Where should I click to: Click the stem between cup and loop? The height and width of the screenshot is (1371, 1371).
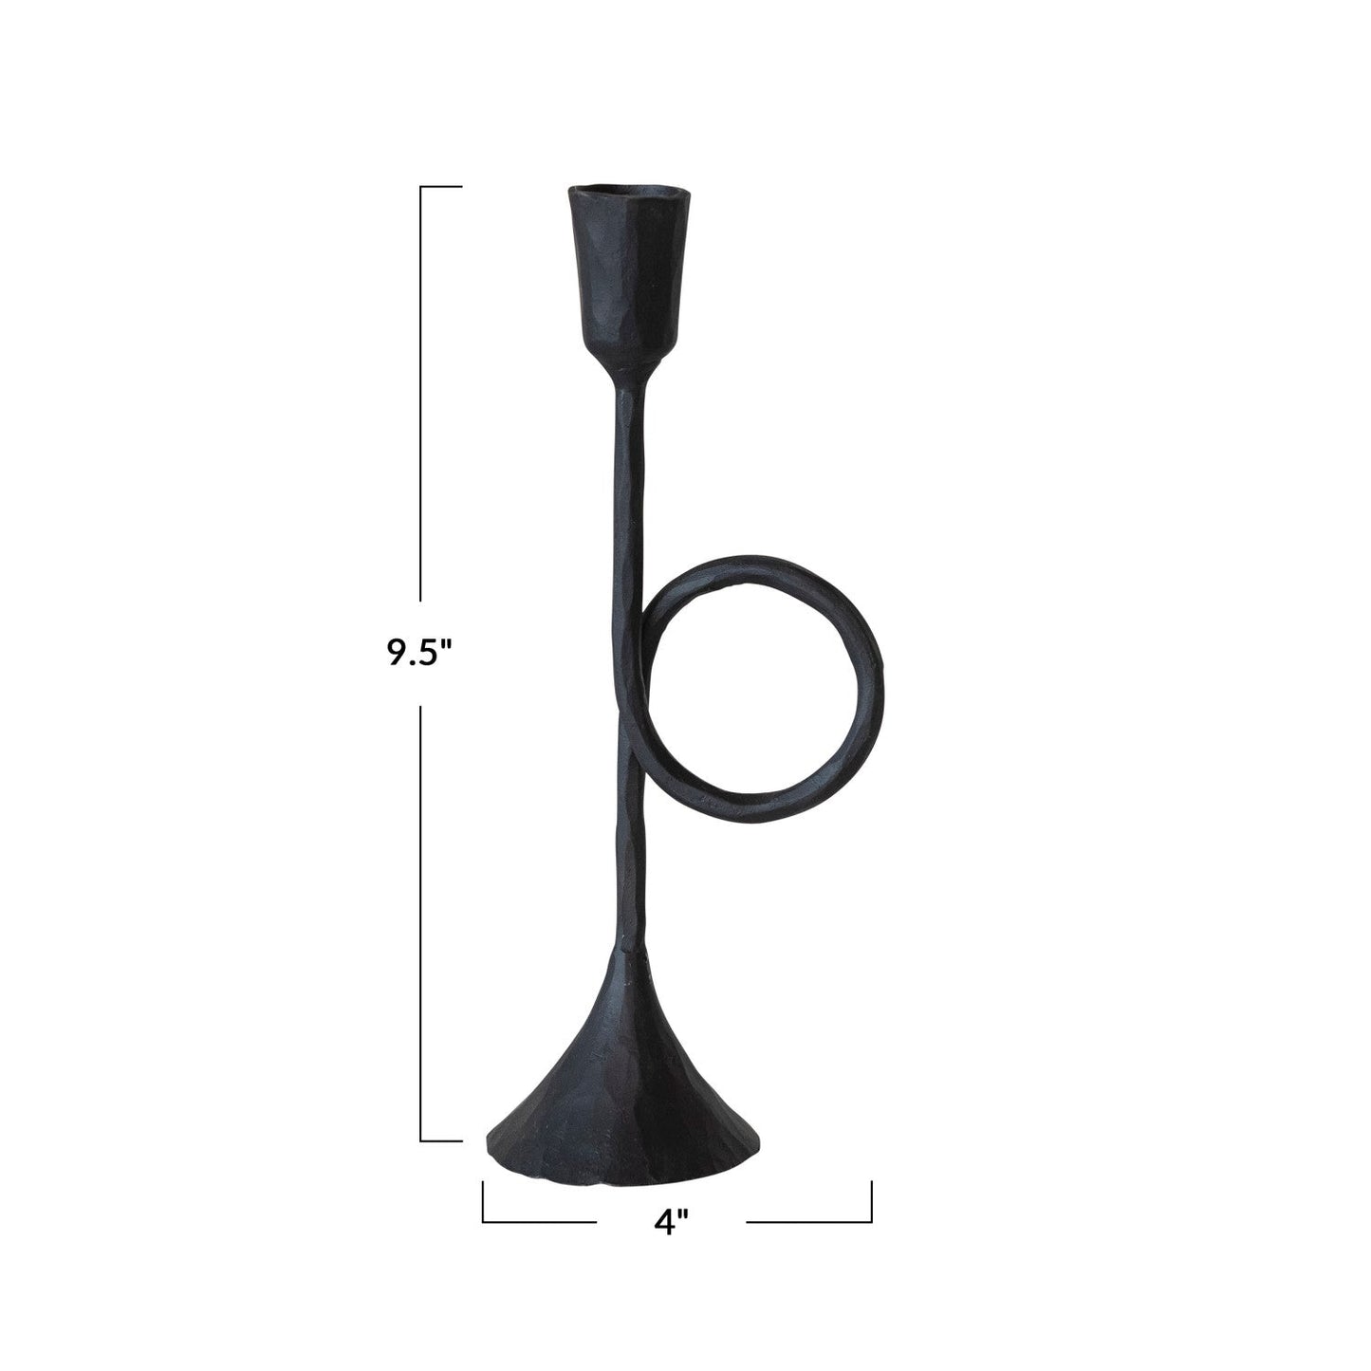tap(630, 474)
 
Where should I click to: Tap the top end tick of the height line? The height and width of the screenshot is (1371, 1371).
tap(441, 187)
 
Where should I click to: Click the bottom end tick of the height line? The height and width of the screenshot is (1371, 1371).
tap(441, 1140)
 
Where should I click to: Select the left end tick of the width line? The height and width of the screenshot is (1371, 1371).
tap(483, 1201)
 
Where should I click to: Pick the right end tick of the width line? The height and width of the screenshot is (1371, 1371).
tap(871, 1201)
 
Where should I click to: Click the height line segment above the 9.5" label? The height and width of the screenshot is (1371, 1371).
tap(421, 398)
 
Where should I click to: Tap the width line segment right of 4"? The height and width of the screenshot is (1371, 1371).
tap(806, 1221)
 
